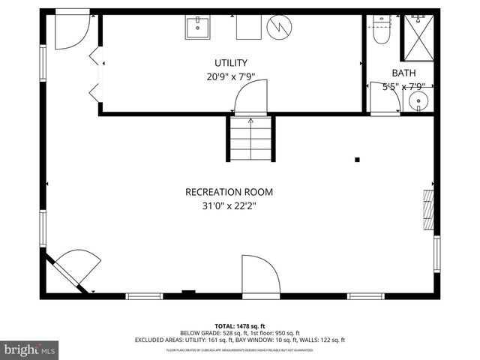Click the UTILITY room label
[x=230, y=63]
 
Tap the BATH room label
[x=403, y=73]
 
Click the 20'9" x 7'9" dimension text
[x=230, y=76]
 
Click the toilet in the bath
[x=381, y=31]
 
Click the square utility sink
[x=198, y=28]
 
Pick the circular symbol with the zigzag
[x=278, y=28]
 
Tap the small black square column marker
[x=357, y=159]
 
